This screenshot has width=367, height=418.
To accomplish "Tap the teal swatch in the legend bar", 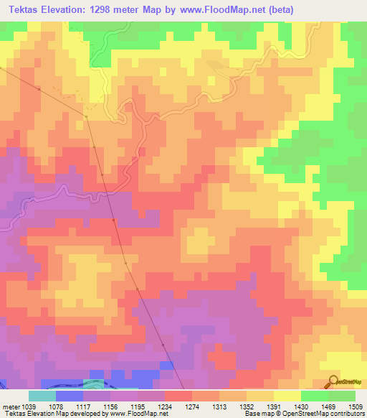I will point(42,396).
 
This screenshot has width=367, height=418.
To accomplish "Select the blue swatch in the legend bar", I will point(70,396).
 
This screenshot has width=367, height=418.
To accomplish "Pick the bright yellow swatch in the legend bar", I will point(287,396).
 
